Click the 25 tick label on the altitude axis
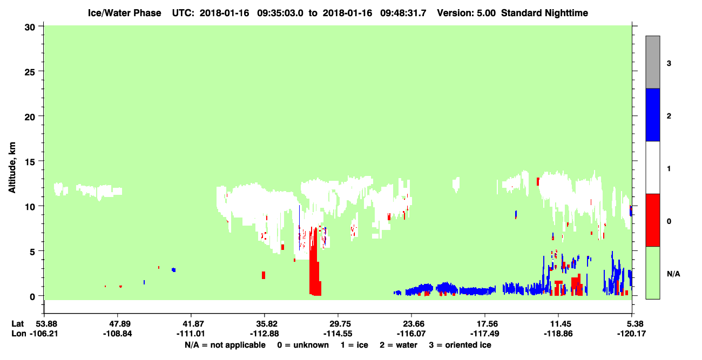[30, 72]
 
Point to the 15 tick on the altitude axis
[40, 161]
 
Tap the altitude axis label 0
[32, 297]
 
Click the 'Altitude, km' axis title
[12, 168]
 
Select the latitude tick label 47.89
[118, 324]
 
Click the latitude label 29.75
[338, 324]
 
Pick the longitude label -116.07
[411, 334]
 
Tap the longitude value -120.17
[631, 334]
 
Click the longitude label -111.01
[191, 334]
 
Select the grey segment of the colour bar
[652, 62]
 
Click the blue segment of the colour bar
[652, 114]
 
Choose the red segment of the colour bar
[652, 220]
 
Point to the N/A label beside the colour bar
[673, 274]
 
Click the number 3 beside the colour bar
[669, 63]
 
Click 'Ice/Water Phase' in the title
[124, 13]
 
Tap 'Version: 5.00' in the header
[467, 13]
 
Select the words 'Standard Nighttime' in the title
[544, 13]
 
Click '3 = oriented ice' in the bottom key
[460, 345]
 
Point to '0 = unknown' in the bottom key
[303, 345]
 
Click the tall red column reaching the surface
[315, 262]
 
